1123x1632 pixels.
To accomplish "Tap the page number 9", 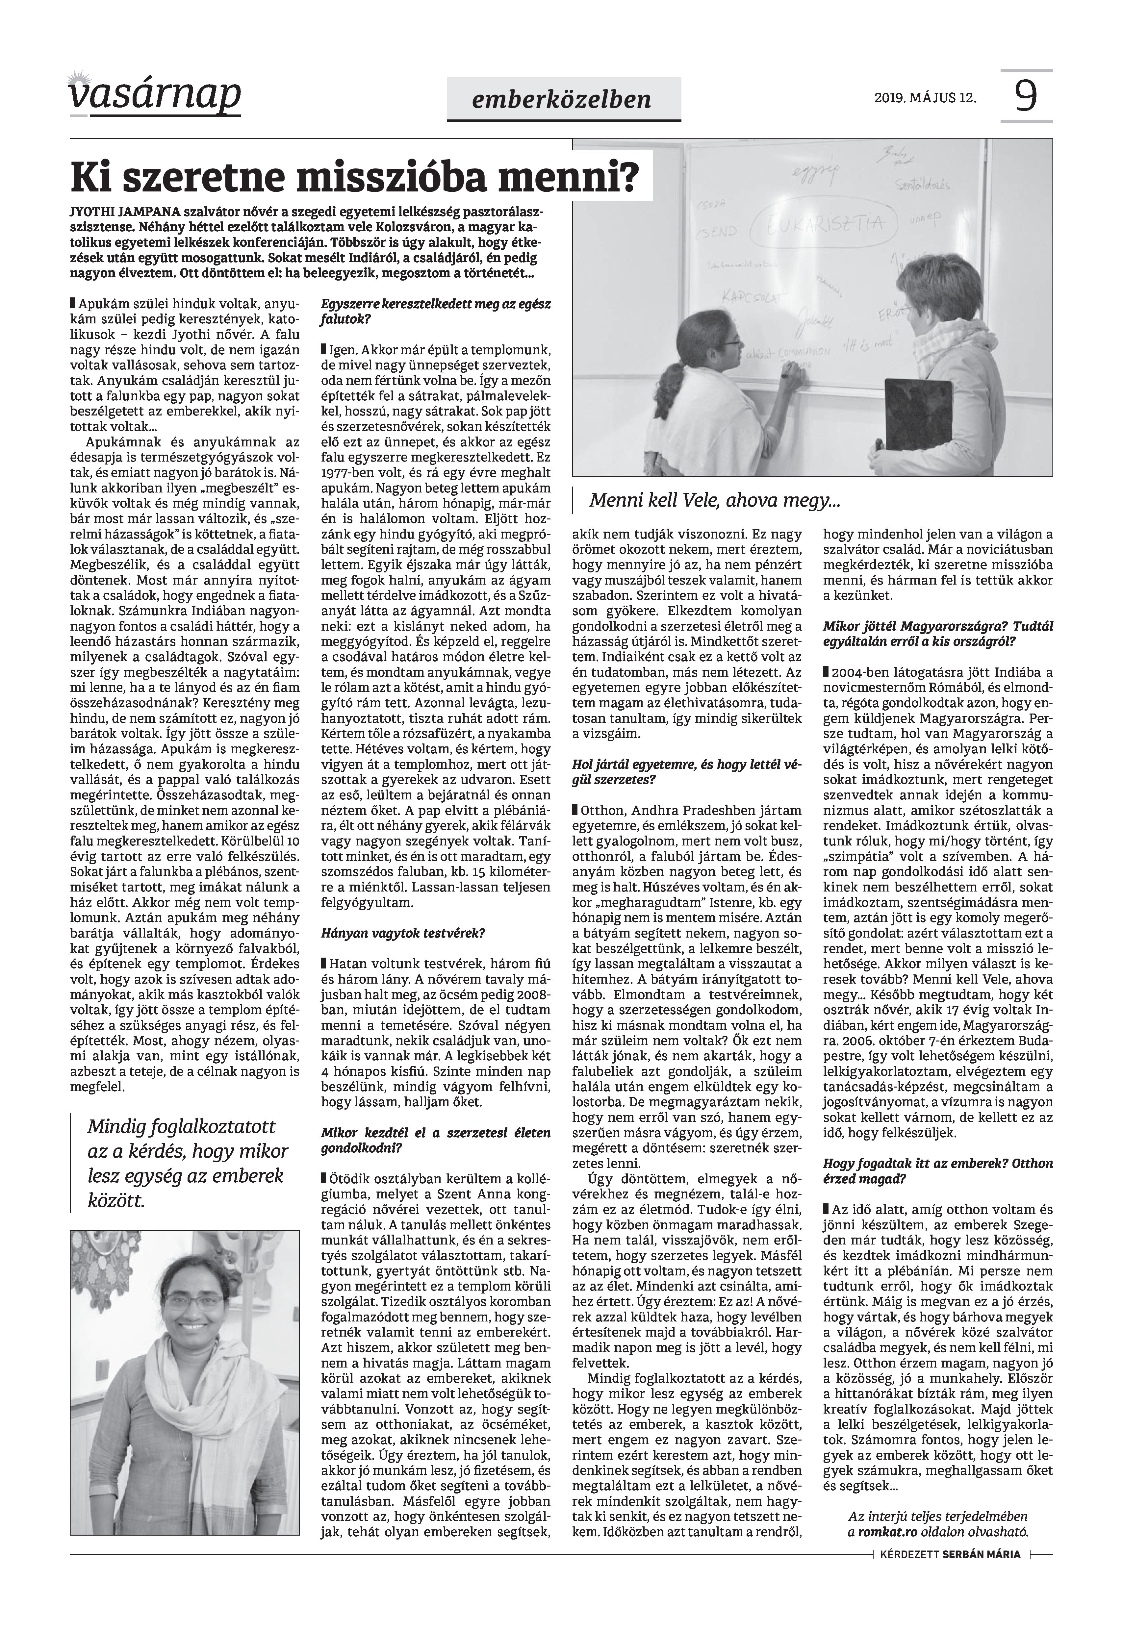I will [x=1026, y=96].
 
